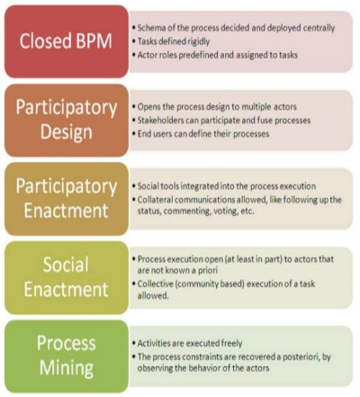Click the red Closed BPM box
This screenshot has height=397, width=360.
coord(67,41)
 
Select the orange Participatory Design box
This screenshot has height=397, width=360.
coord(67,120)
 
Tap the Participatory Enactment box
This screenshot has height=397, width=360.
coord(67,199)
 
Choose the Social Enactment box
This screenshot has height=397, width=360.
coord(67,277)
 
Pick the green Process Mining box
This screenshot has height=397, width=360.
coord(67,356)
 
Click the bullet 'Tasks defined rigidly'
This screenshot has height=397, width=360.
coord(171,41)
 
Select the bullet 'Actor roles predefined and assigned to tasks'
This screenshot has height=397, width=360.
coord(215,55)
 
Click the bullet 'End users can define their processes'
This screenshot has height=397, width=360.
coord(201,134)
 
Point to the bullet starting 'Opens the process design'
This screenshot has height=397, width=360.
coord(214,107)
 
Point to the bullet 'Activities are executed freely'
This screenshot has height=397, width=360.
coord(187,343)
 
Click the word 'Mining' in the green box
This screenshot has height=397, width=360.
coord(67,368)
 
